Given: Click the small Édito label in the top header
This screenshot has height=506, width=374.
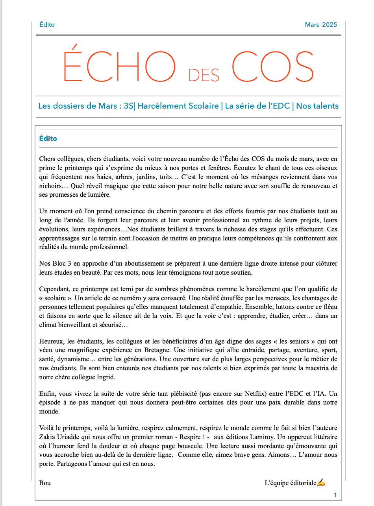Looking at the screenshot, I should click(x=47, y=25).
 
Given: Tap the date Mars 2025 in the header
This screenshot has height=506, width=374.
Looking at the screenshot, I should click(x=321, y=25).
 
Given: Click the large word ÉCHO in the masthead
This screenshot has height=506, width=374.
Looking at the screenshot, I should click(x=119, y=66).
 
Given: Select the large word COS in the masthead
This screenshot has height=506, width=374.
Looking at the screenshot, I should click(x=272, y=66).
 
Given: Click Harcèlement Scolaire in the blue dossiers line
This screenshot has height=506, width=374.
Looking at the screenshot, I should click(x=178, y=106).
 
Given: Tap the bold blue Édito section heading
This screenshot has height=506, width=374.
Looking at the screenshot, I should click(x=48, y=139).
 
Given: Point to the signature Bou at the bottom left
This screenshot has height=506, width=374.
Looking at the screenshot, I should click(x=45, y=483).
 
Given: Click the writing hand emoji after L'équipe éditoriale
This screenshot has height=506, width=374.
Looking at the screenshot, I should click(x=321, y=483).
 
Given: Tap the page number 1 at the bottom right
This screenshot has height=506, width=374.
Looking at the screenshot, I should click(x=335, y=495).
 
